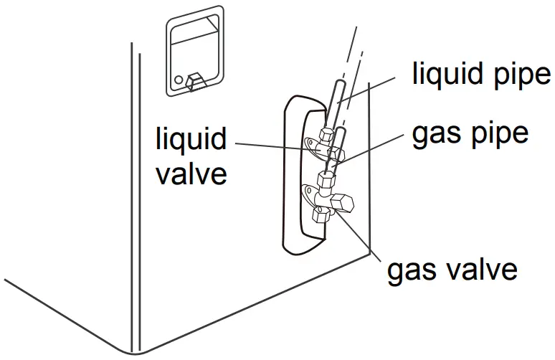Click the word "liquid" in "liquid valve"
tap(191, 140)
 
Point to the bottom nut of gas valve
tap(321, 213)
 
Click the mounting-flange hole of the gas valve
tap(309, 191)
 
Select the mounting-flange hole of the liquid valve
tap(309, 146)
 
